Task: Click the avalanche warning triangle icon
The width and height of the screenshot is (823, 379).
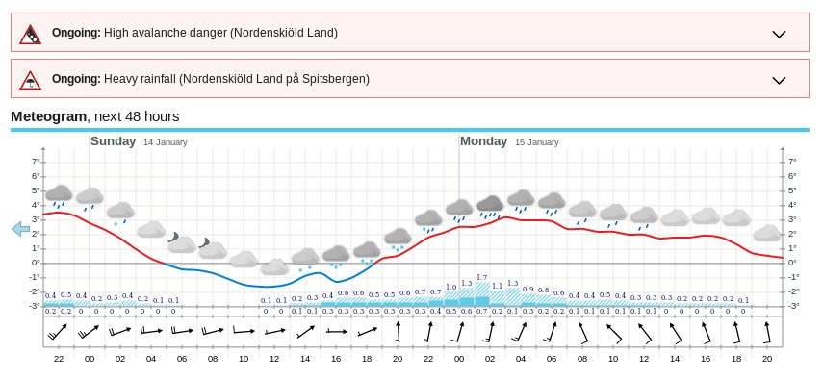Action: [x=32, y=34]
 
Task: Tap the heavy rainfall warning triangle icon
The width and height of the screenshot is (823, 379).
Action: [x=32, y=79]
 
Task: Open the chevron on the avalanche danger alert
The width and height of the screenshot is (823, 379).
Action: [x=780, y=34]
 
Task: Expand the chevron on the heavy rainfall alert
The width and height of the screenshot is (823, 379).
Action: [x=780, y=79]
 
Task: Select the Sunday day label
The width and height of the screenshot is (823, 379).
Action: [x=113, y=141]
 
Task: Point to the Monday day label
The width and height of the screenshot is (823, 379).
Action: [x=483, y=141]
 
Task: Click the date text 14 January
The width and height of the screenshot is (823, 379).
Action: [x=166, y=142]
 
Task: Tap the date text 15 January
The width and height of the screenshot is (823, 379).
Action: [x=536, y=142]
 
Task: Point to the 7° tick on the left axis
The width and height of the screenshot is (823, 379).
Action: [x=37, y=162]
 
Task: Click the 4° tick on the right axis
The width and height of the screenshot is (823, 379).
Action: [x=792, y=205]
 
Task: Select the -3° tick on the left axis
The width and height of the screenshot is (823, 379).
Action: [x=36, y=306]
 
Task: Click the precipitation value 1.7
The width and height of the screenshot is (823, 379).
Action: [x=481, y=278]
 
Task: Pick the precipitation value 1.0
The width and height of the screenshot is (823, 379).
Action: [x=450, y=288]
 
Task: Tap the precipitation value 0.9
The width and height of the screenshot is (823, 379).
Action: [x=527, y=289]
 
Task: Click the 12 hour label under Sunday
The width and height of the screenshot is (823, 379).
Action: [x=274, y=358]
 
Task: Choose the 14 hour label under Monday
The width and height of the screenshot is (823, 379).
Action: [x=675, y=358]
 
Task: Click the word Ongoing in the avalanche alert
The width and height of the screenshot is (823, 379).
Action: [x=76, y=33]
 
